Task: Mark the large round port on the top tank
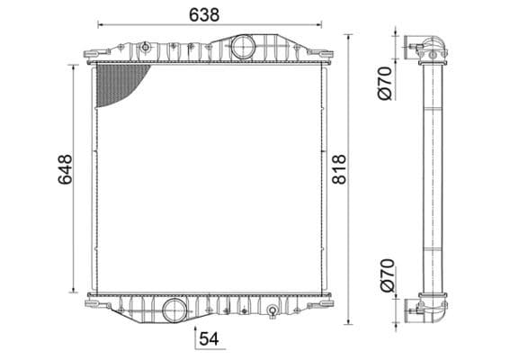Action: [x=242, y=48]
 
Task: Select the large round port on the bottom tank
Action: [x=173, y=310]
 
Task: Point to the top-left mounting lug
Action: [x=93, y=55]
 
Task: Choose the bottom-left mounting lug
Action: [x=94, y=303]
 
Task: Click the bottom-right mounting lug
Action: [x=318, y=304]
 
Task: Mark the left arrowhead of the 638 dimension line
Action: [x=100, y=25]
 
